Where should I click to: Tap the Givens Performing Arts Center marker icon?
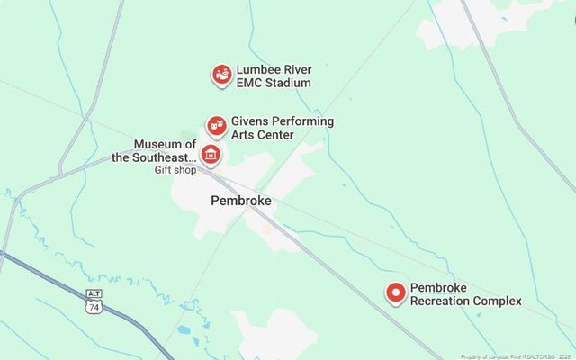pos(216,125)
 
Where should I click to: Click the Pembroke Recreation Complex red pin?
pos(395,293)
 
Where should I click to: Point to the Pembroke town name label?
pos(240,202)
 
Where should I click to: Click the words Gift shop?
pos(175,170)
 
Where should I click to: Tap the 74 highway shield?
pos(93,307)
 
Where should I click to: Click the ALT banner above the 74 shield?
pos(93,294)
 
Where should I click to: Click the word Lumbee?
pos(258,69)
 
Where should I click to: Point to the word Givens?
pos(250,121)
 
